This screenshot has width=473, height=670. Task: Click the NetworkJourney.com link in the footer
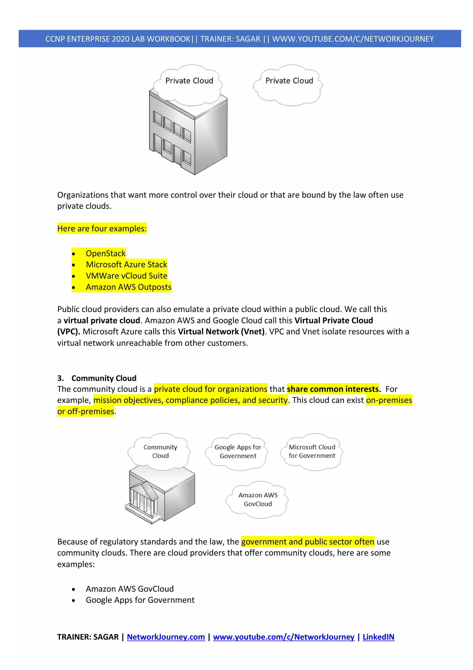166,637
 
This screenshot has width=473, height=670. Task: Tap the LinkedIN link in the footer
378,637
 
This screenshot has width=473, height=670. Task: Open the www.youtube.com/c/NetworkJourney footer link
284,637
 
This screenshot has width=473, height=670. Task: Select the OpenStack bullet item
106,253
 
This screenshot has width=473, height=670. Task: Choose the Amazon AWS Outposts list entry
128,287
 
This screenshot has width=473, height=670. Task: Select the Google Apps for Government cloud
237,452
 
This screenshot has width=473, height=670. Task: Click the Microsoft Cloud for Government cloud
312,452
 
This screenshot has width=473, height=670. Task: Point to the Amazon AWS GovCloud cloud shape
258,500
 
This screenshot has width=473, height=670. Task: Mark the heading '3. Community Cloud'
97,378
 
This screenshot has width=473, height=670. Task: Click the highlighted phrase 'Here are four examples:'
102,228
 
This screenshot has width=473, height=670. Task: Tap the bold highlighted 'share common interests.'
334,389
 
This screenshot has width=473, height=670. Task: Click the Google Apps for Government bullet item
140,600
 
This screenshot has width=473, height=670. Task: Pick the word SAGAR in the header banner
248,39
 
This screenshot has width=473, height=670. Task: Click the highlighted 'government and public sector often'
307,542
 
